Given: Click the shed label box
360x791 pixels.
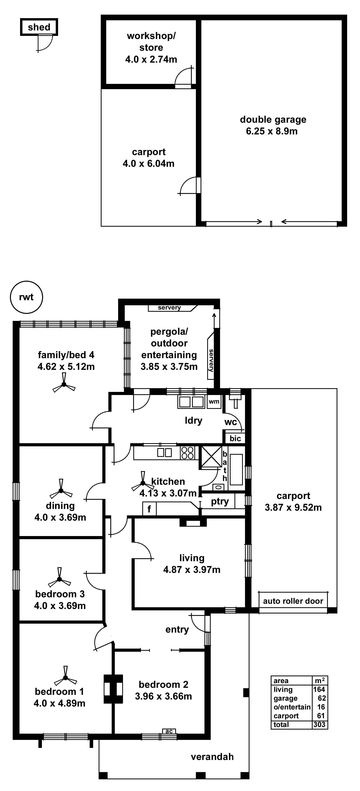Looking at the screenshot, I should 39,27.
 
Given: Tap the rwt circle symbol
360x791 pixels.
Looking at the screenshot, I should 26,297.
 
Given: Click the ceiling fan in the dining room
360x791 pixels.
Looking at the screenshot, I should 61,491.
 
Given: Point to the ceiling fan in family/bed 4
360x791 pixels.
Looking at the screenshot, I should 64,384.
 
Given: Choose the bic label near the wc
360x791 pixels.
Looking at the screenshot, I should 235,438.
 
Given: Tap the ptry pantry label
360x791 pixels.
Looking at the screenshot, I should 220,502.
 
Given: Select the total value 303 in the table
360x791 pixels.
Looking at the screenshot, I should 319,725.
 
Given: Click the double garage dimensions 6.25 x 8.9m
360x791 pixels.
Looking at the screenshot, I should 272,131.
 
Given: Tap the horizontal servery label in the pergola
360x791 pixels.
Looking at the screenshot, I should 169,308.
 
